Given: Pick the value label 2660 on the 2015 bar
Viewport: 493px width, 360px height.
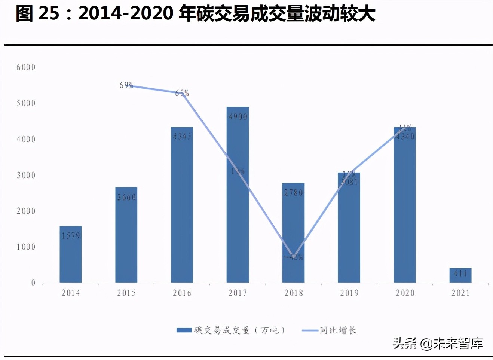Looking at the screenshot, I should [126, 197].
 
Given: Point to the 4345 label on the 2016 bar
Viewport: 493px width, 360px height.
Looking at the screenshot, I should [182, 137].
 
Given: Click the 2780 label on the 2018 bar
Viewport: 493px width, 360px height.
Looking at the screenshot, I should [293, 193].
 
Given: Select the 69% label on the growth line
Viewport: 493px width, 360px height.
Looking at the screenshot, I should [126, 85].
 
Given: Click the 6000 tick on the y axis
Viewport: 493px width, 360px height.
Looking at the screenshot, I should [26, 67].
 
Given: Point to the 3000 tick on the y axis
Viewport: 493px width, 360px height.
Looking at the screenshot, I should [26, 175].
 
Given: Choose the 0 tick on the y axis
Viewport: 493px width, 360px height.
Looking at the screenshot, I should [33, 283].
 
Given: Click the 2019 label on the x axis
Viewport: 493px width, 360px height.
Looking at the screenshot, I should [349, 293].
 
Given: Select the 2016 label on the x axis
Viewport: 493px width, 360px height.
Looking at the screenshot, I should [182, 293].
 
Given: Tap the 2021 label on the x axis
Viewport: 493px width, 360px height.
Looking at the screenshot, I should [460, 293].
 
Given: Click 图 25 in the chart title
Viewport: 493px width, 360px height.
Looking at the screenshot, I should [37, 13].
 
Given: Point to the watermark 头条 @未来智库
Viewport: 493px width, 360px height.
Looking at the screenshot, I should [437, 343].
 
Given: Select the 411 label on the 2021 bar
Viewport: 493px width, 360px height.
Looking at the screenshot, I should [460, 274].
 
